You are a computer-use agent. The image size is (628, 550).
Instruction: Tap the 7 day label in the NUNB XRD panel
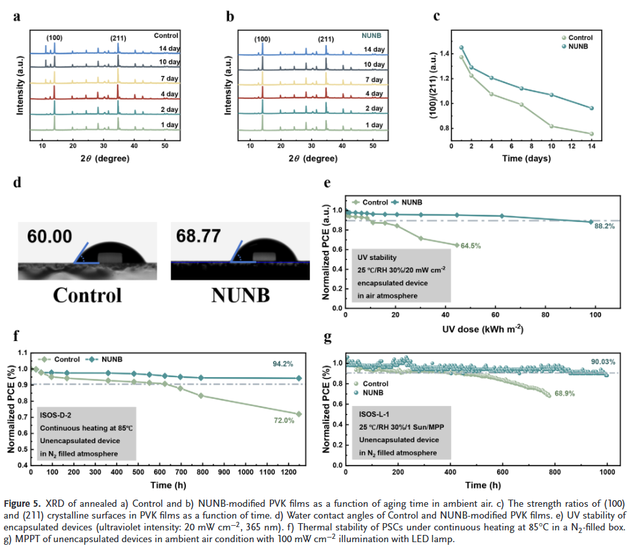374,79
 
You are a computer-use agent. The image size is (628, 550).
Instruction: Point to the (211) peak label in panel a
119,38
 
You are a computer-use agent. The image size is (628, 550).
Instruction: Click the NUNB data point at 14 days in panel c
591,108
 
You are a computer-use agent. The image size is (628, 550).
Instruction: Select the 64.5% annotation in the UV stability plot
470,246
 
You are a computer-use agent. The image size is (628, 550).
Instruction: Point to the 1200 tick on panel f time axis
288,471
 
